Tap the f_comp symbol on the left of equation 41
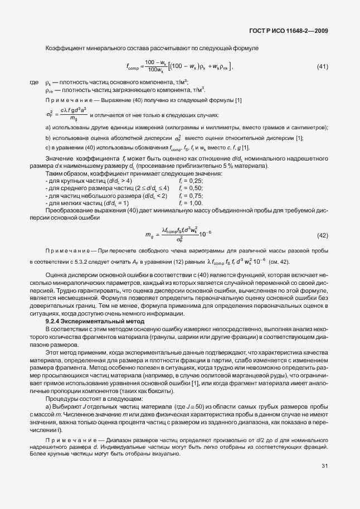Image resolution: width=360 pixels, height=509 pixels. pyautogui.click(x=135, y=67)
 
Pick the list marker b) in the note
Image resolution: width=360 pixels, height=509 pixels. pyautogui.click(x=48, y=138)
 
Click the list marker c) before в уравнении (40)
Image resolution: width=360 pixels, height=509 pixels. pyautogui.click(x=48, y=147)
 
